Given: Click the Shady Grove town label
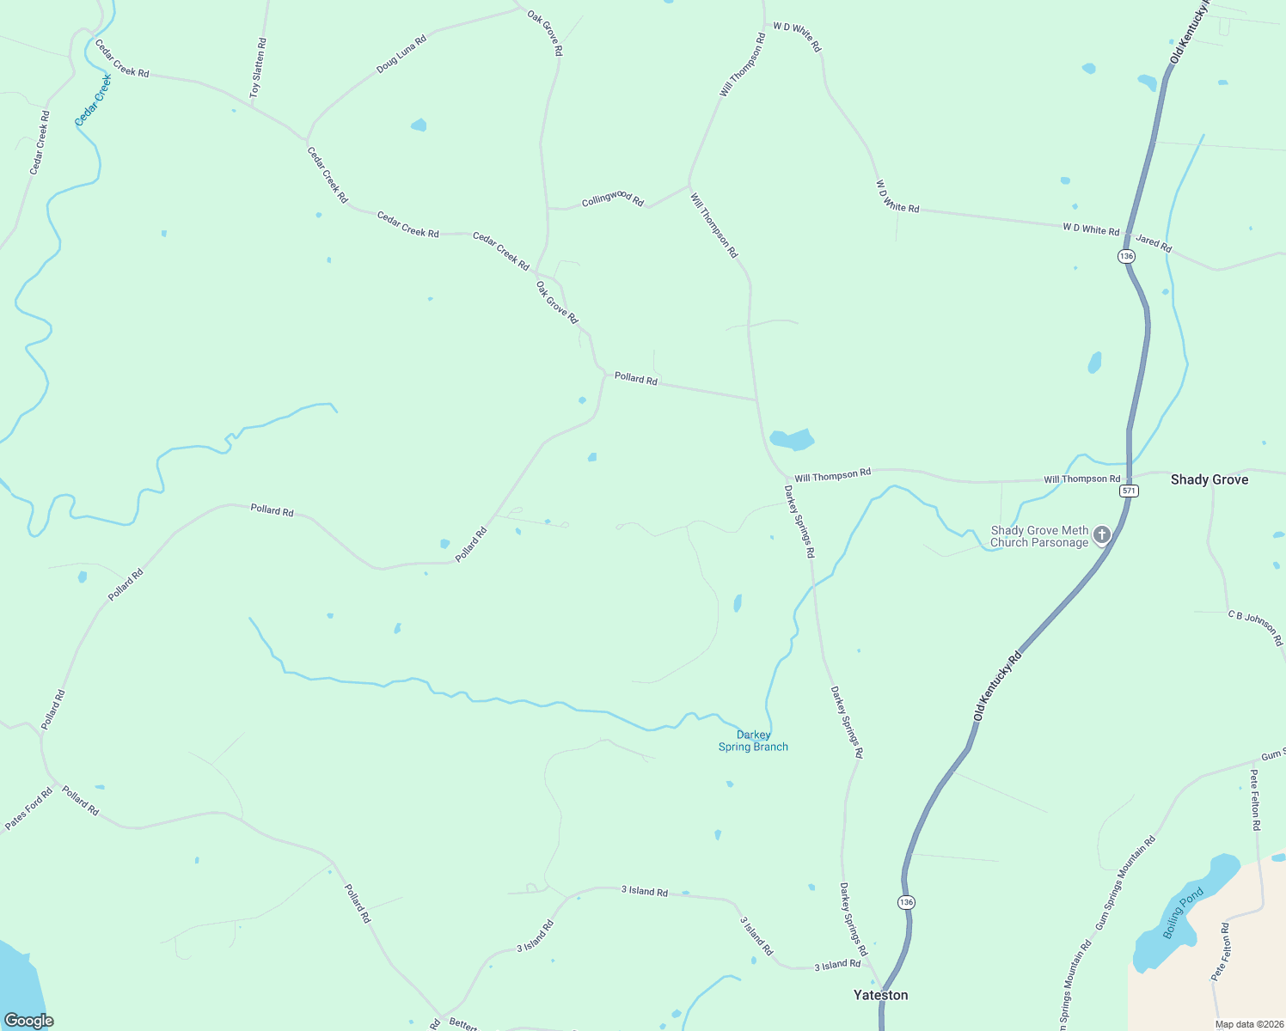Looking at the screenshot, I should (1209, 479).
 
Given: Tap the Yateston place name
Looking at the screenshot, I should (880, 995).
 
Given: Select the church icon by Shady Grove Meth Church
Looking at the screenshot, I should (1101, 535).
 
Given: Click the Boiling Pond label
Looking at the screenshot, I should (1184, 914).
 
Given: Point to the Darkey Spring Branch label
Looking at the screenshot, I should (753, 741).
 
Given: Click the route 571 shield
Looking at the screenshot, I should (1129, 491).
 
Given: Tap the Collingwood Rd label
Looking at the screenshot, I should (612, 198).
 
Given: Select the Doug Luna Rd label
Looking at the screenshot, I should (401, 54).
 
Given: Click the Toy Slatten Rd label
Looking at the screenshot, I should (258, 67).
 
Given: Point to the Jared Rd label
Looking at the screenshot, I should (1153, 243).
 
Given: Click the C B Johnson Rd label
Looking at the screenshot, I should (1255, 627).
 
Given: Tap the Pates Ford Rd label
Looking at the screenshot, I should (28, 809).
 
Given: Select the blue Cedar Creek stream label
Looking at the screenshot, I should (94, 101).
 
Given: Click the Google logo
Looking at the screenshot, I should (28, 1021).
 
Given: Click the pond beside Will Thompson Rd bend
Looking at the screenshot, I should (792, 440).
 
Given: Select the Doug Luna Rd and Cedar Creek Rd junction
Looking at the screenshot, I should (307, 139).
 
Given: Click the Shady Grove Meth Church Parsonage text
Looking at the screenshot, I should (1039, 536).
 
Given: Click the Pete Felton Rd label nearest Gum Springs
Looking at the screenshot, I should (1255, 800).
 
